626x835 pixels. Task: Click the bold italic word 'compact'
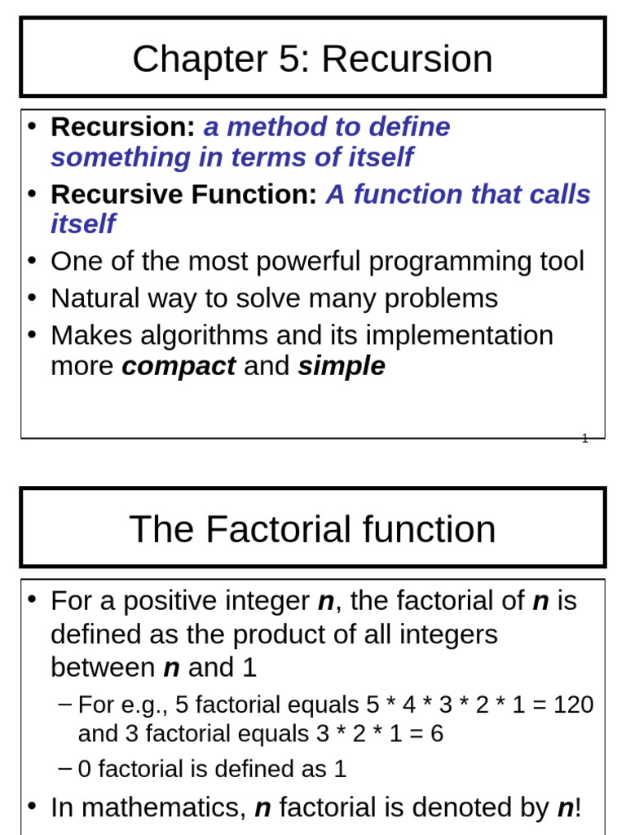pos(179,367)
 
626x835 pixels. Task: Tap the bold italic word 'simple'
pos(341,367)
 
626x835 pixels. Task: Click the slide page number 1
pos(584,439)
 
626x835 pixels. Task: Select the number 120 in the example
pos(573,705)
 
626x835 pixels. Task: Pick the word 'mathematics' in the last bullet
pos(164,808)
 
